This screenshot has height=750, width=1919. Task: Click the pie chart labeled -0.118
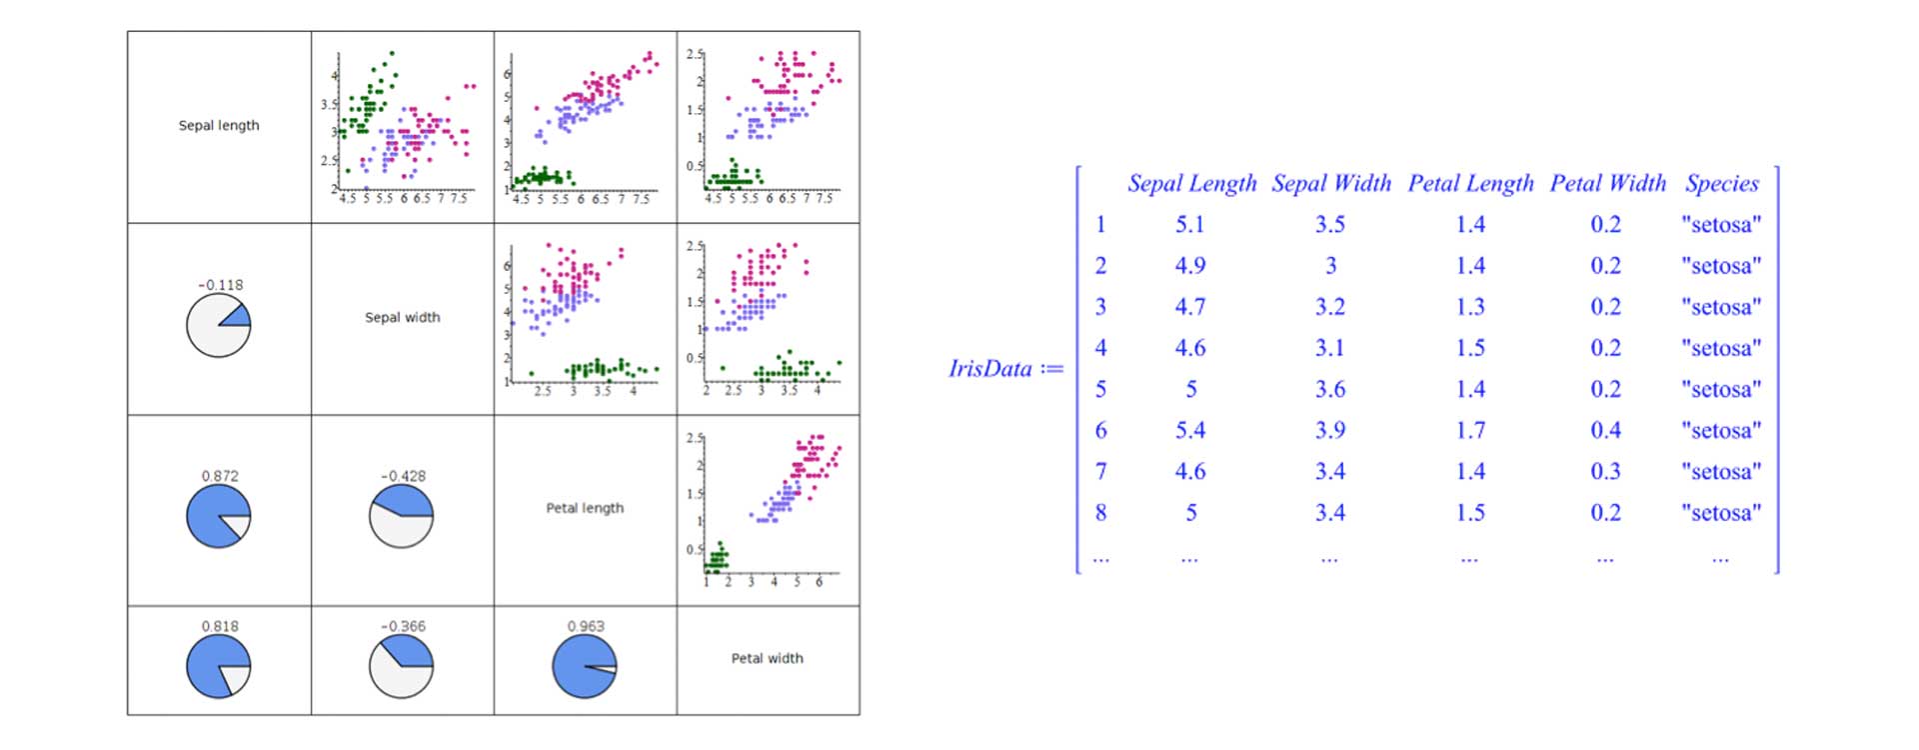[x=218, y=326]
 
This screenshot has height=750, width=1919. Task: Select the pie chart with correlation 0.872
[x=218, y=516]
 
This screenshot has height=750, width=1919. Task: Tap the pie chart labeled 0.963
[x=585, y=667]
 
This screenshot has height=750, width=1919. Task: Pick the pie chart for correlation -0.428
[x=402, y=516]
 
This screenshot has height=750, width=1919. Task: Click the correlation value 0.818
[x=220, y=627]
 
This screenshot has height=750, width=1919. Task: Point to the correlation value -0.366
[x=403, y=627]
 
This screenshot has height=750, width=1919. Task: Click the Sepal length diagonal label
[x=219, y=126]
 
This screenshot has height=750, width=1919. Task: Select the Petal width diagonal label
[x=767, y=658]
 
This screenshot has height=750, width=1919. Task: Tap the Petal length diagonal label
[x=585, y=508]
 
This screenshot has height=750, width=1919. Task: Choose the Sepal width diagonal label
[x=402, y=317]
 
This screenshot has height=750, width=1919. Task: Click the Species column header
[x=1721, y=184]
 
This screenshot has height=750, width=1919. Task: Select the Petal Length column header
[x=1470, y=184]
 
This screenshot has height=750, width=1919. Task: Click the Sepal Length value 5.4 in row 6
[x=1190, y=431]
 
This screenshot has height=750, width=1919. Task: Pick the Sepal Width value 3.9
[x=1330, y=431]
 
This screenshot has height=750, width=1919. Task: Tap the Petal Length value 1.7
[x=1470, y=431]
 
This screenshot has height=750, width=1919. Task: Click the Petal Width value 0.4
[x=1606, y=431]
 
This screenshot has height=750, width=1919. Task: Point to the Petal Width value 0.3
[x=1606, y=472]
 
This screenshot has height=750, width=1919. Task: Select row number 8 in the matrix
[x=1100, y=513]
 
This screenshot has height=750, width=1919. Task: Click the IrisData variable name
[x=990, y=369]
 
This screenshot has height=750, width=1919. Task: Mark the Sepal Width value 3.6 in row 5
[x=1330, y=390]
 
